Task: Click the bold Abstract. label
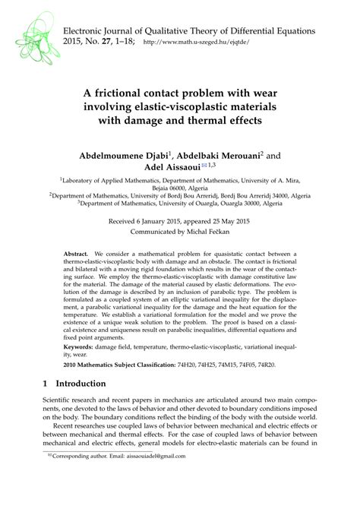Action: coord(77,252)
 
